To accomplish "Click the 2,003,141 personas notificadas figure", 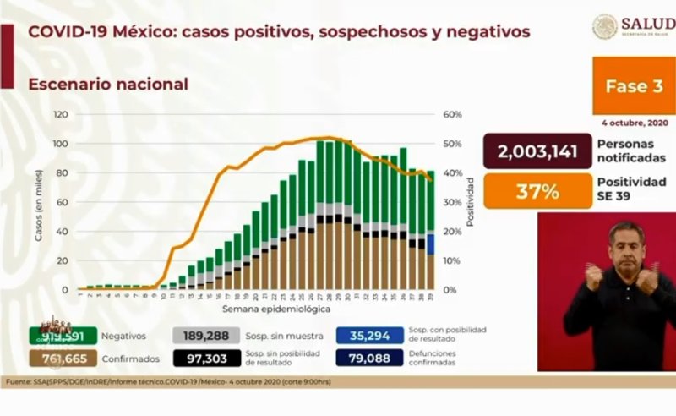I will [538, 152].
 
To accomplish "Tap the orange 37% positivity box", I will [538, 192].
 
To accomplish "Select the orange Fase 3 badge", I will [633, 86].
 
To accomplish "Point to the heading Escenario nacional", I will [108, 85].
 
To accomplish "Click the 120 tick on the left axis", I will [61, 114].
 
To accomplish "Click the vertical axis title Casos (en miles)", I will [39, 204].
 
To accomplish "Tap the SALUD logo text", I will [646, 23].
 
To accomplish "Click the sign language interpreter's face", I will [625, 244].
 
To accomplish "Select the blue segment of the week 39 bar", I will [431, 244].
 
